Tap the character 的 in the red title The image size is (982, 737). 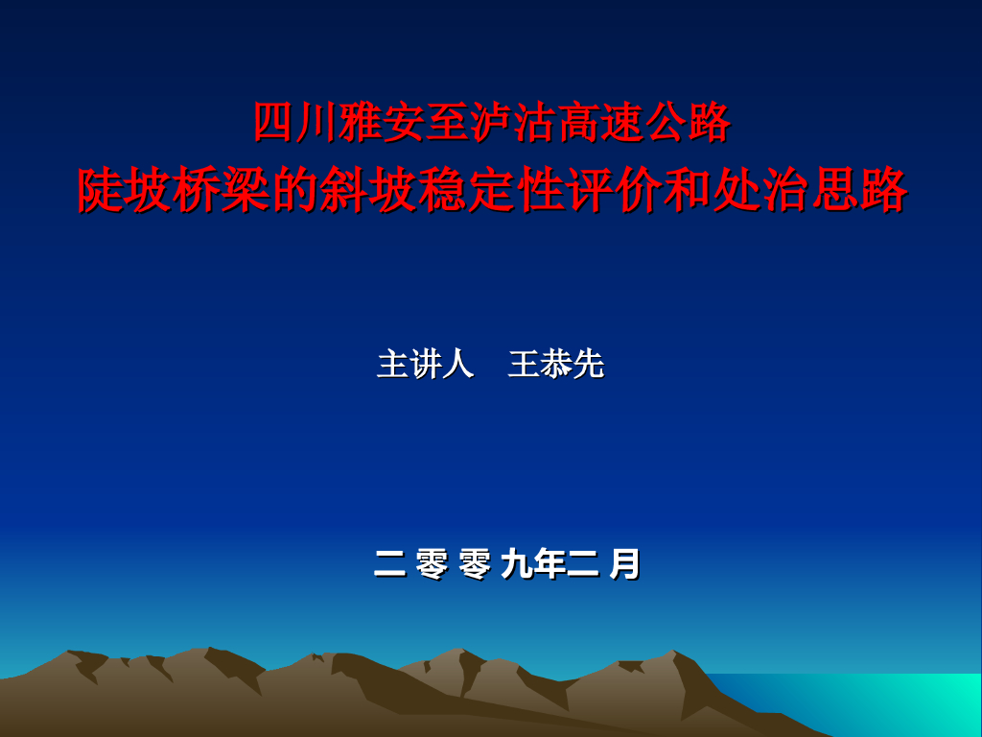[285, 191]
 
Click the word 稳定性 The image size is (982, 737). [492, 191]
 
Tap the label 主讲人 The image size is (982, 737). [426, 364]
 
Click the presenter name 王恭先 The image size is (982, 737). [556, 364]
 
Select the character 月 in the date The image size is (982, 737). [624, 564]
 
